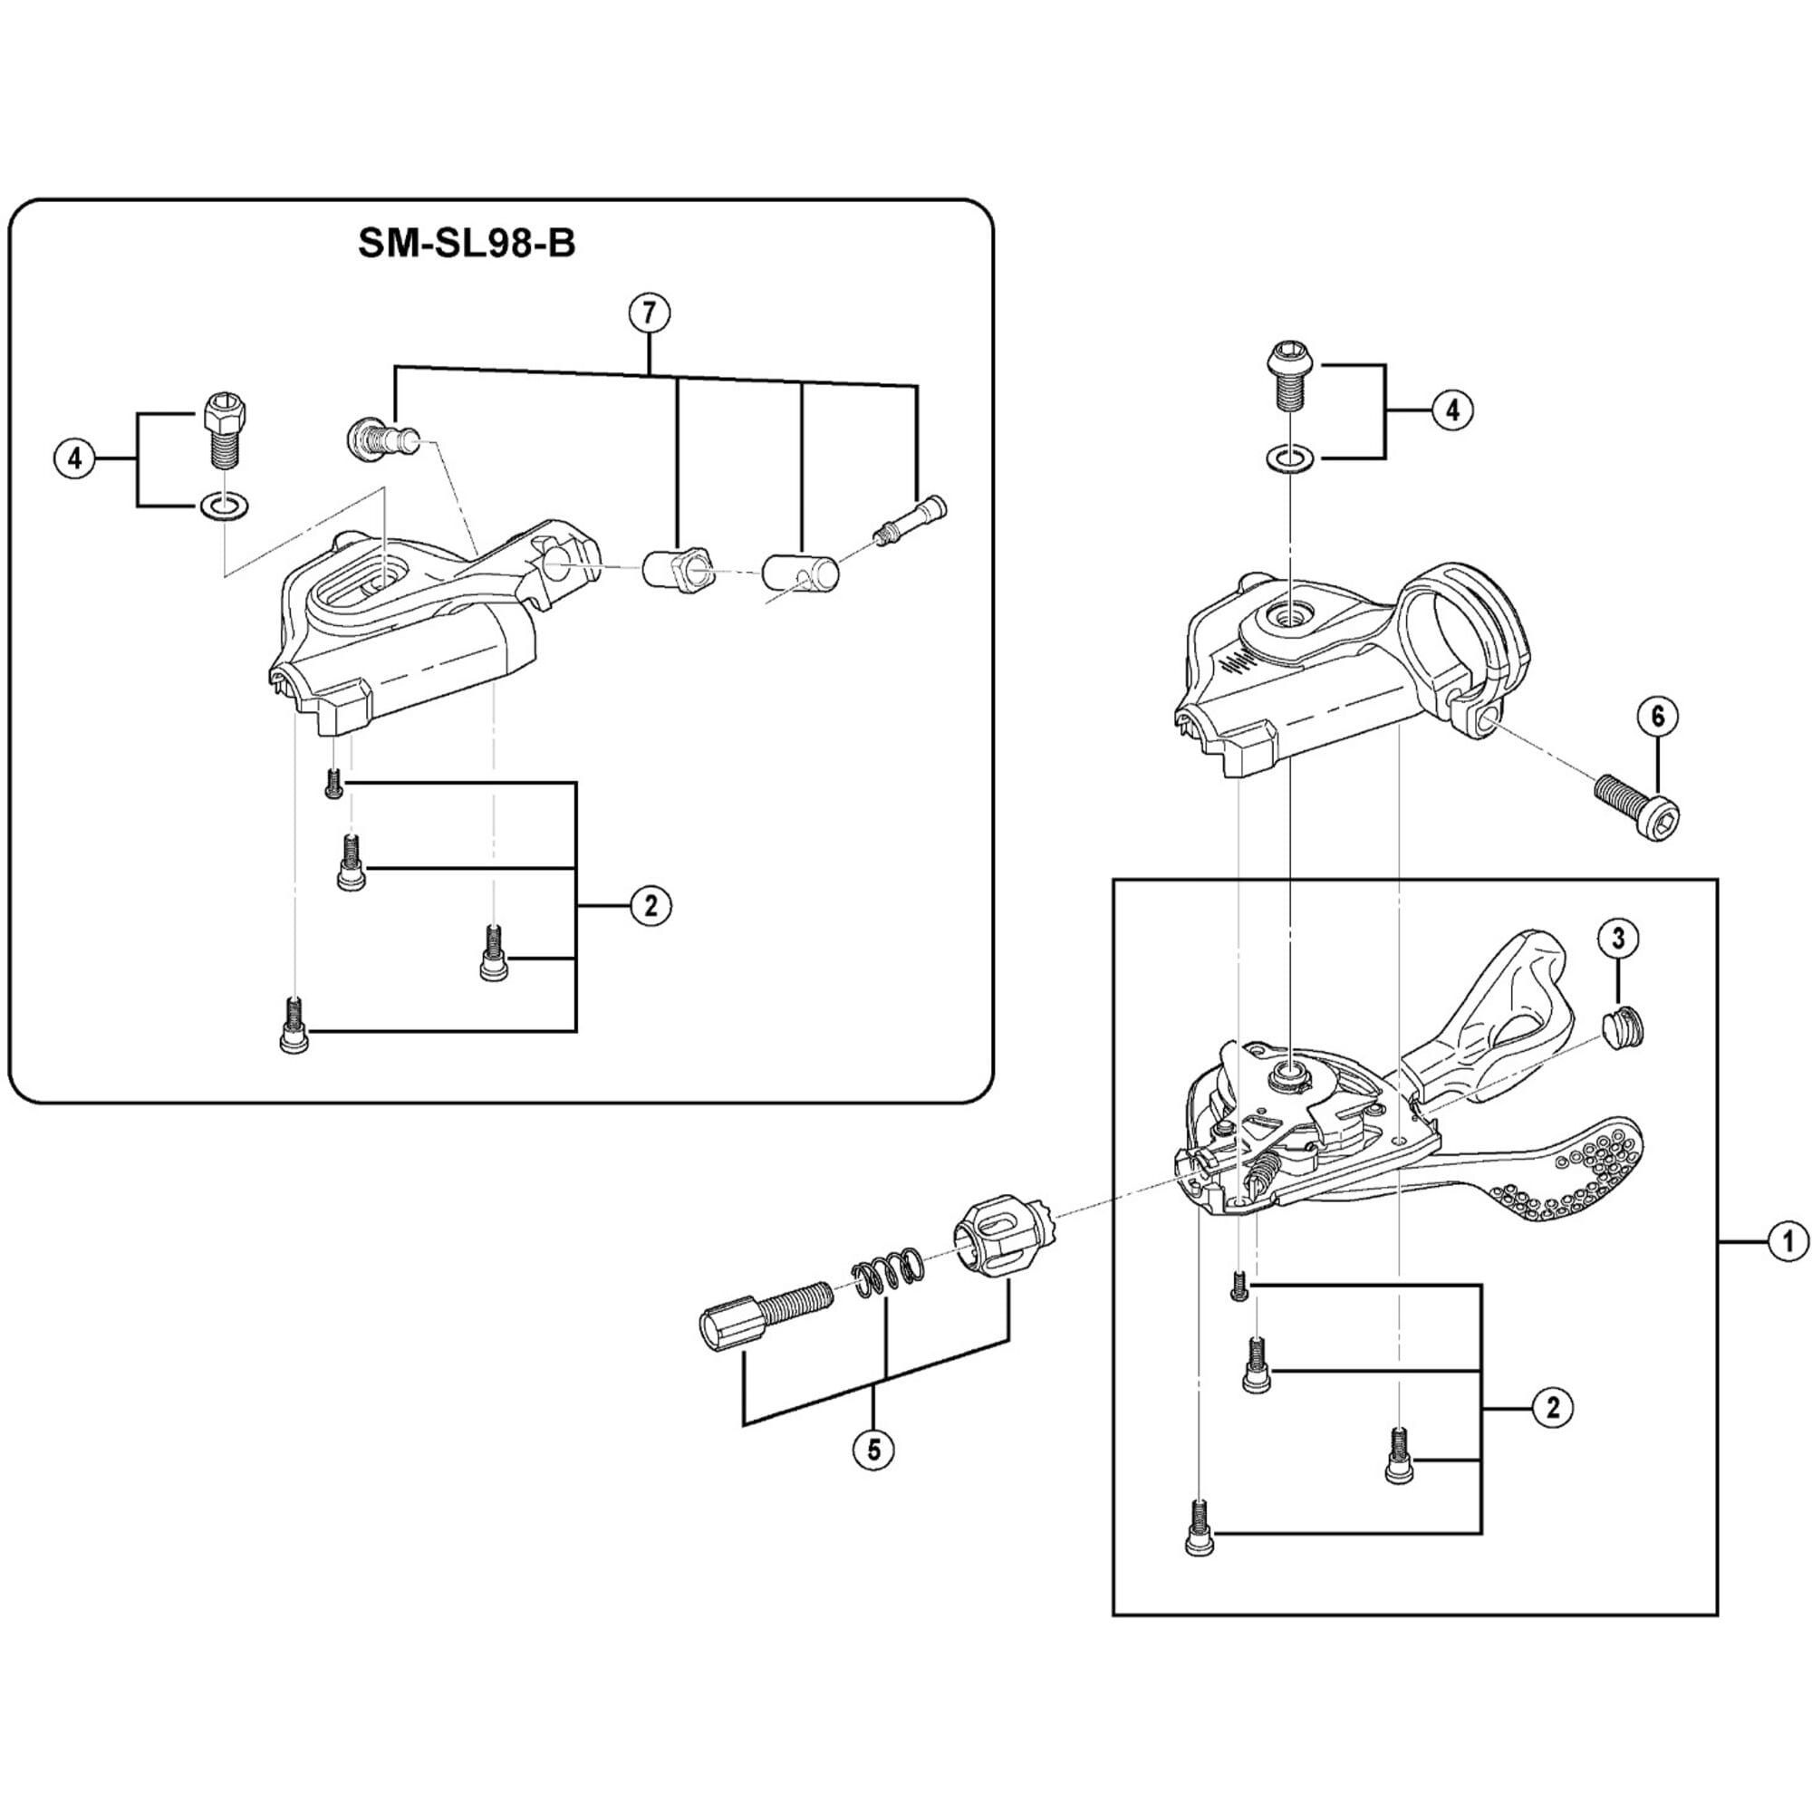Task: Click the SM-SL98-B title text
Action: tap(466, 244)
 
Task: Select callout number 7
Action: tap(650, 313)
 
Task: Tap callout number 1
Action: tap(1788, 1242)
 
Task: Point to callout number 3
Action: tap(1619, 939)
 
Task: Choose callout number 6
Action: tap(1657, 717)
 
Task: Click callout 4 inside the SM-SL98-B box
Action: tap(75, 459)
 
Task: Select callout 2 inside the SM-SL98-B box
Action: tap(651, 906)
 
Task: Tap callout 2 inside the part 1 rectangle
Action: tap(1553, 1408)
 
